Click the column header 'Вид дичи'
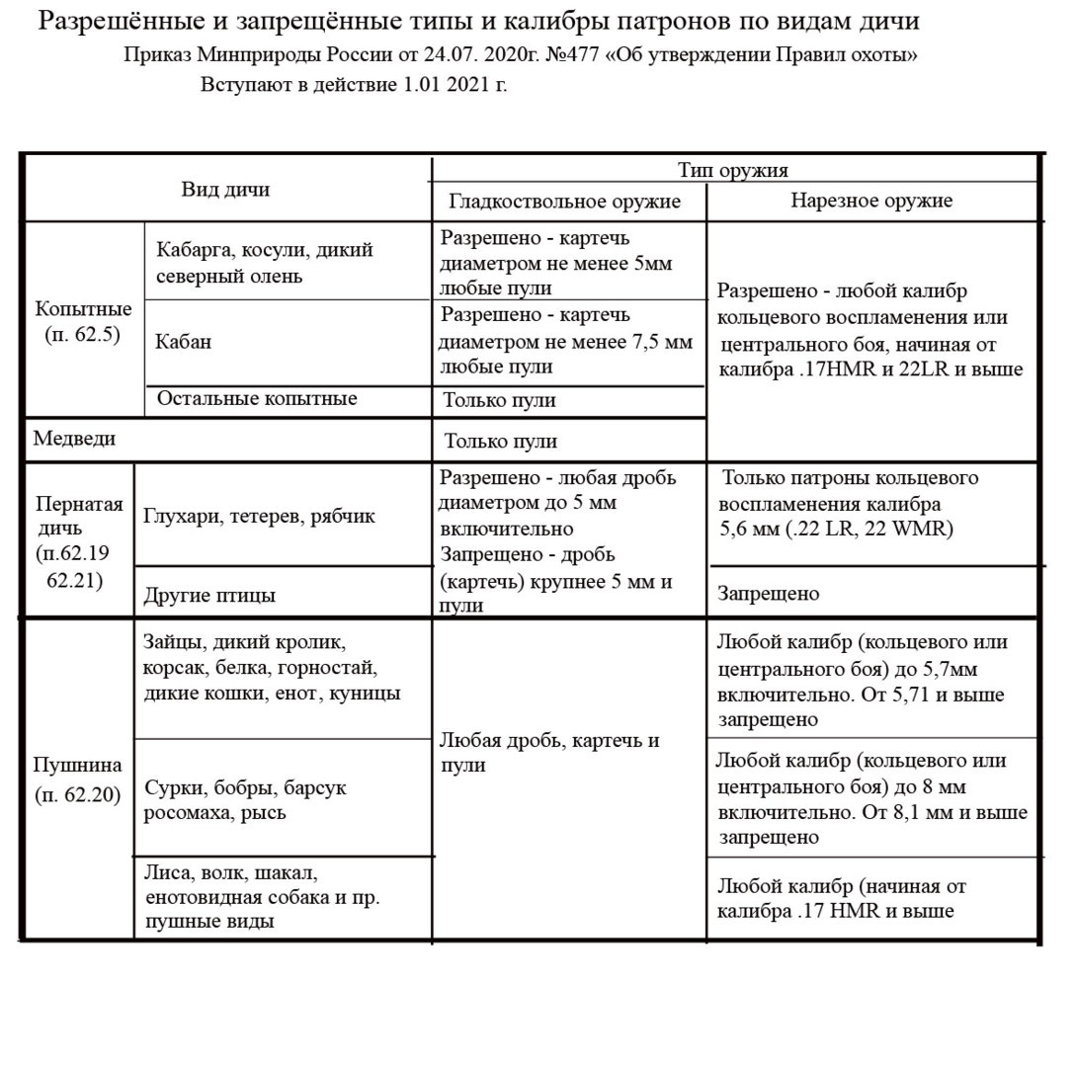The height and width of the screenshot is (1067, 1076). point(225,190)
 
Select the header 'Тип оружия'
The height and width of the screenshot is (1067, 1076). point(732,171)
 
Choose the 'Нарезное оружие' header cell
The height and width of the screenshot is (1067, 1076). point(871,201)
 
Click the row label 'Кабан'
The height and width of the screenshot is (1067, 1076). point(183,342)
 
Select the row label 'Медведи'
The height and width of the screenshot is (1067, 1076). point(75,438)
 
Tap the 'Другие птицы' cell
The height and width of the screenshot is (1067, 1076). point(208,596)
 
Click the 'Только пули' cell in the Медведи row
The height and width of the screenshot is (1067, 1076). point(500,441)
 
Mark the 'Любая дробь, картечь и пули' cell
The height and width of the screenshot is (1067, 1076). point(549,752)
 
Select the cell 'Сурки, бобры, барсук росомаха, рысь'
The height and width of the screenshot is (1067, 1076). point(245,800)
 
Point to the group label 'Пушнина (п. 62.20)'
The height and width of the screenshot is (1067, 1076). point(78,780)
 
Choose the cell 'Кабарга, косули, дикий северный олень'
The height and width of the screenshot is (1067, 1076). point(264,263)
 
